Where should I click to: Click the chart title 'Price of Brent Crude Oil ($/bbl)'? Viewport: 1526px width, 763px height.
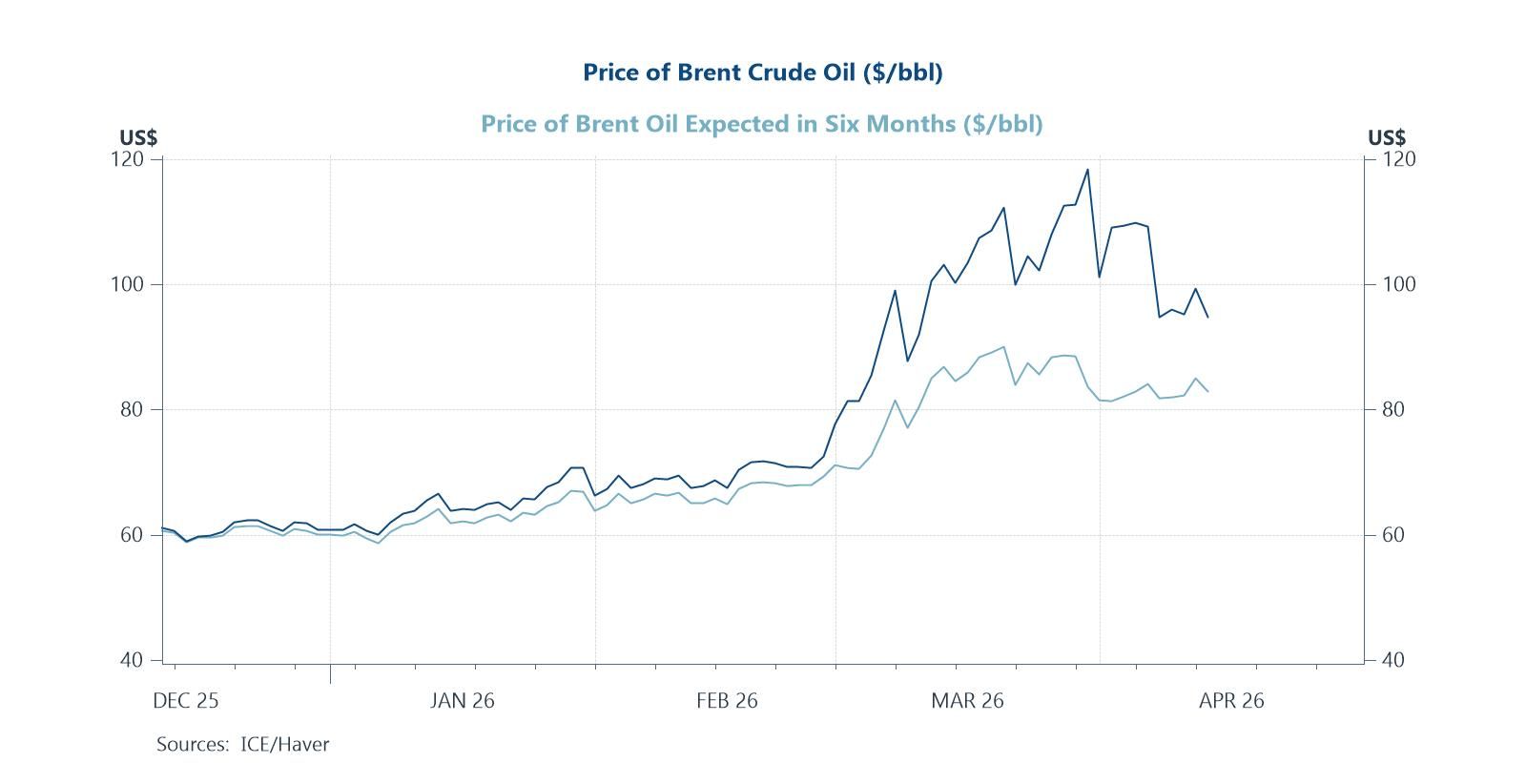pyautogui.click(x=762, y=72)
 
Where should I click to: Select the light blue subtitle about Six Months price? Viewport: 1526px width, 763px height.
pyautogui.click(x=761, y=124)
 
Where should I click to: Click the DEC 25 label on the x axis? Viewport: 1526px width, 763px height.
pyautogui.click(x=185, y=701)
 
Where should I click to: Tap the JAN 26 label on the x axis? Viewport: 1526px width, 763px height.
pyautogui.click(x=462, y=701)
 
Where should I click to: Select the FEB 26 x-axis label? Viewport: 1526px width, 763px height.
pyautogui.click(x=727, y=701)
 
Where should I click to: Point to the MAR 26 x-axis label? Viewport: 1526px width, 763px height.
pyautogui.click(x=967, y=701)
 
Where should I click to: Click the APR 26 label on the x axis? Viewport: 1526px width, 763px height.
pyautogui.click(x=1230, y=701)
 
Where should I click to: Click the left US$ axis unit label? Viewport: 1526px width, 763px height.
pyautogui.click(x=138, y=138)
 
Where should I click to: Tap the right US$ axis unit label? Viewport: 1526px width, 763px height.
pyautogui.click(x=1386, y=138)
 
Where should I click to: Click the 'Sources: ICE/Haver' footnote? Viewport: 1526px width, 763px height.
pyautogui.click(x=242, y=744)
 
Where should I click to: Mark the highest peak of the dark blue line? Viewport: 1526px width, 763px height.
pyautogui.click(x=1087, y=170)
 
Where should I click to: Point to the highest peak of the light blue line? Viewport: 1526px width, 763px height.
pyautogui.click(x=1003, y=347)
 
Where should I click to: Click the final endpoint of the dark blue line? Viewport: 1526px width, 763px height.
pyautogui.click(x=1207, y=317)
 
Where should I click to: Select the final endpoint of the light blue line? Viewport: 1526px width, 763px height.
pyautogui.click(x=1208, y=392)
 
